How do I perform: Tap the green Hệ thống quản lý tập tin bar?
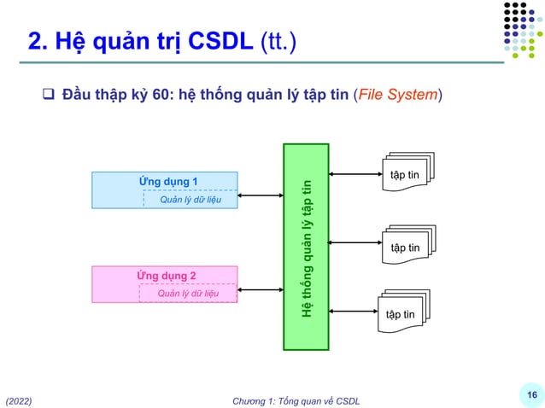(306, 247)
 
